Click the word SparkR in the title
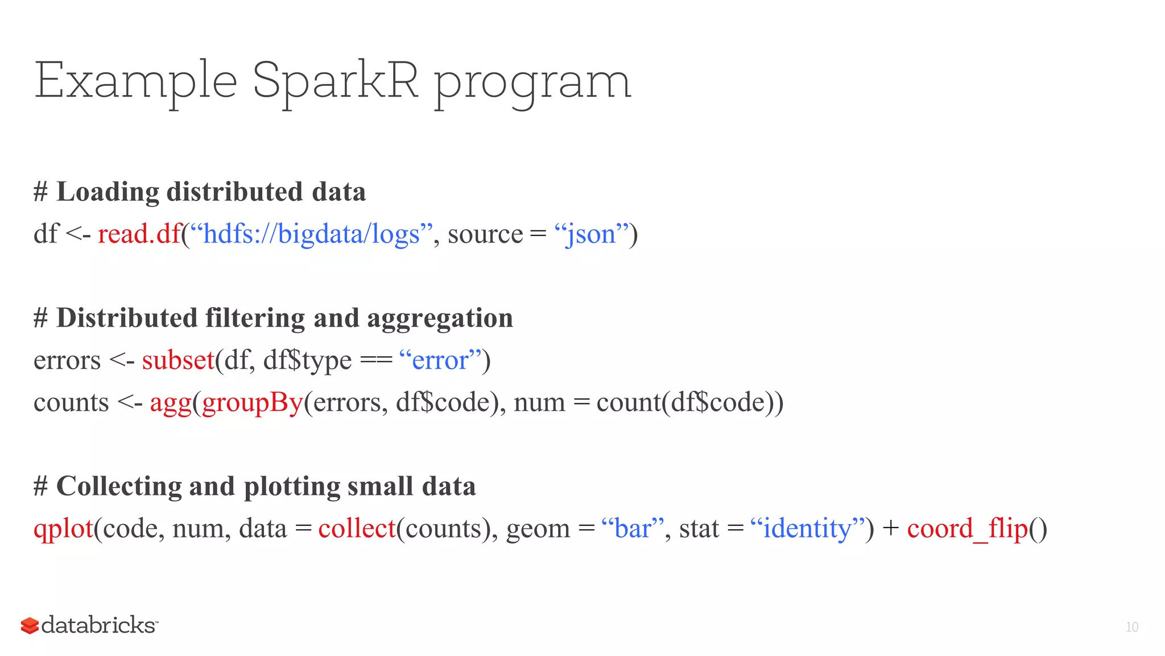(335, 81)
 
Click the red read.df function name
(139, 234)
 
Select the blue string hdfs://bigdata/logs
(311, 234)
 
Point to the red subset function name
(178, 360)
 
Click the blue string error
(440, 360)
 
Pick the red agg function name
(171, 403)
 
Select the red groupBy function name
(253, 403)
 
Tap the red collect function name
(357, 529)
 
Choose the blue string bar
(633, 529)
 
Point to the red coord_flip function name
(967, 529)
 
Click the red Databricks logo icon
(30, 625)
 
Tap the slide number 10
(1131, 627)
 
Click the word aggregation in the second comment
(440, 318)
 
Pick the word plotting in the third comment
(291, 486)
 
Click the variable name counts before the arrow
(71, 403)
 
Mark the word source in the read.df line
(485, 234)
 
